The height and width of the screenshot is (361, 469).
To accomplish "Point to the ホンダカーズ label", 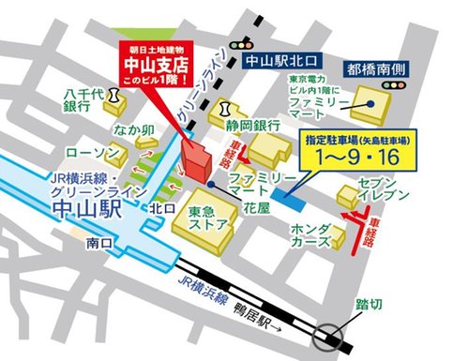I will [310, 234].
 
